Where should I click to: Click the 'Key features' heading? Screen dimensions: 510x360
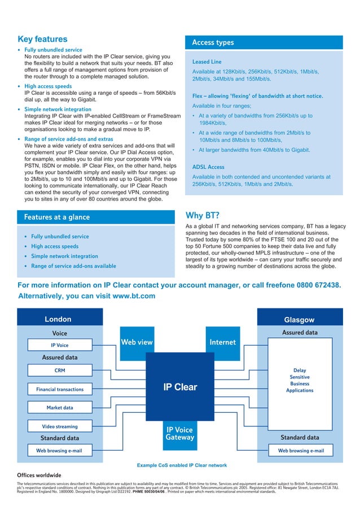click(x=43, y=40)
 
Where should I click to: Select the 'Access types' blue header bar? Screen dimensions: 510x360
click(x=264, y=43)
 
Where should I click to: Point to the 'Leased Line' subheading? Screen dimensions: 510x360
click(x=207, y=62)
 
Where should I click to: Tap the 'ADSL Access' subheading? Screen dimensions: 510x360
click(x=208, y=167)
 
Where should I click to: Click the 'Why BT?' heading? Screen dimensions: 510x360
click(x=203, y=216)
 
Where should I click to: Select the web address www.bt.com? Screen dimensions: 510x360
click(x=126, y=296)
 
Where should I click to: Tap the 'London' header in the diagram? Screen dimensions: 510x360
click(x=58, y=319)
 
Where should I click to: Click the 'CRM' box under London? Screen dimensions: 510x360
click(x=60, y=370)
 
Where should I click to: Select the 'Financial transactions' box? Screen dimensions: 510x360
click(x=60, y=389)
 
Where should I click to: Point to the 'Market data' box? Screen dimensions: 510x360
click(x=60, y=408)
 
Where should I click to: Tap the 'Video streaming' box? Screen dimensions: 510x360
click(x=60, y=426)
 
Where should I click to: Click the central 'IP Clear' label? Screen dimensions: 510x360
click(x=180, y=387)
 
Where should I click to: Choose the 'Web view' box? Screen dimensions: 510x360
click(x=137, y=342)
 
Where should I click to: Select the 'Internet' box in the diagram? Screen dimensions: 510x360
click(x=222, y=342)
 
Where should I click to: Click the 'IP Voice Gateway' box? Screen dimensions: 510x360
click(x=180, y=433)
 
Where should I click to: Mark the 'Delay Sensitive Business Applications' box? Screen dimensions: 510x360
click(x=300, y=381)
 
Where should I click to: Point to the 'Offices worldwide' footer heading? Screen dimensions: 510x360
click(x=39, y=475)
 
